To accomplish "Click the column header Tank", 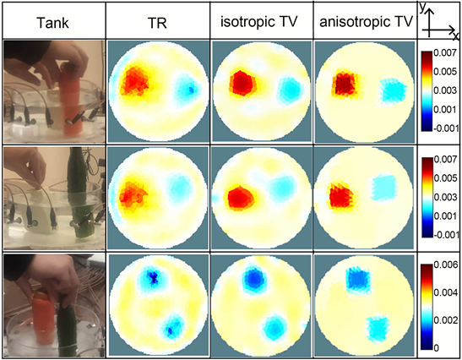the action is (x=52, y=23).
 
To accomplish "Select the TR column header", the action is (x=157, y=23).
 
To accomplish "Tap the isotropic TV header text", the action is (x=259, y=22).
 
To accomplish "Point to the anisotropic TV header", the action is (x=366, y=22).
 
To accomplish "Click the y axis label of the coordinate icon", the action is (x=423, y=8).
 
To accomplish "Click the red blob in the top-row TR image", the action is (x=134, y=80).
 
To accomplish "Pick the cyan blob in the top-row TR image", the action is (x=188, y=88).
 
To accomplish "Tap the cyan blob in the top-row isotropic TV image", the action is (x=291, y=90).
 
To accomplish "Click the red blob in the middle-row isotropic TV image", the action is (x=241, y=198).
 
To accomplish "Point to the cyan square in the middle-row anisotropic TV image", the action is (x=383, y=188).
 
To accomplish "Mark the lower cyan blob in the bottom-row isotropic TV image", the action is (x=274, y=326).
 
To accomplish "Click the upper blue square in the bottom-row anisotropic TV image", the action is (x=358, y=279).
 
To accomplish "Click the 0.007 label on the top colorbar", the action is (x=445, y=53).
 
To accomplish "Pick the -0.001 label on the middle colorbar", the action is (x=445, y=235).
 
